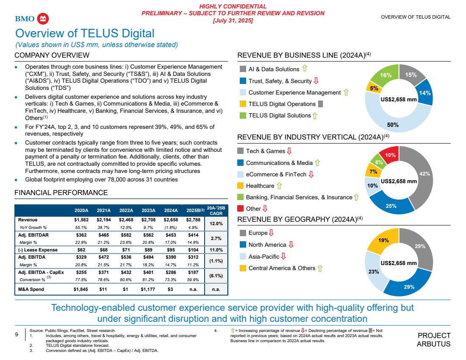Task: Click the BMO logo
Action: tap(31, 19)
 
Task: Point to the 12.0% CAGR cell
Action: tap(216, 223)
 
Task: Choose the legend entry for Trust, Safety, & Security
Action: tap(280, 81)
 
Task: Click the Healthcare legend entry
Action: tap(260, 186)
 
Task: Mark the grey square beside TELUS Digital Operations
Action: tap(320, 104)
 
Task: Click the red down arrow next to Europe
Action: tap(271, 233)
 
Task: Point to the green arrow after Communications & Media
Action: tap(317, 163)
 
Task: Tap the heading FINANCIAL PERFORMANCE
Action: tap(61, 193)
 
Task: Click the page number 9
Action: tap(17, 335)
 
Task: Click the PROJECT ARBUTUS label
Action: tap(434, 339)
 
